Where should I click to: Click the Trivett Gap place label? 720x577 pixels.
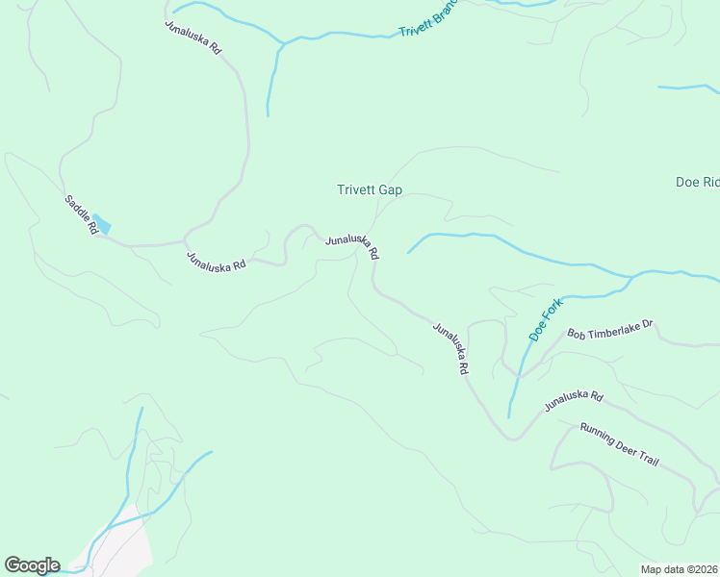tap(369, 189)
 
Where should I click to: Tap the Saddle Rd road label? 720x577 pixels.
tap(82, 214)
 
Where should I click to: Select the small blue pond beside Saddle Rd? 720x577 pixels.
tap(101, 226)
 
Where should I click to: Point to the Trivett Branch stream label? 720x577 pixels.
tap(426, 20)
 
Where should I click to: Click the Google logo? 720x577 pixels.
tap(32, 565)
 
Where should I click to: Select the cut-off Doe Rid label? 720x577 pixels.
tap(697, 182)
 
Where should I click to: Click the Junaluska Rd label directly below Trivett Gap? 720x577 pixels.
tap(352, 247)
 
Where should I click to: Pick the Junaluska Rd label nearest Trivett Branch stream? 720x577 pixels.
tap(194, 37)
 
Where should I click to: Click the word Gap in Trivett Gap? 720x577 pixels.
tap(390, 189)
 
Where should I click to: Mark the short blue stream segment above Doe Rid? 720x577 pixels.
tap(689, 88)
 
